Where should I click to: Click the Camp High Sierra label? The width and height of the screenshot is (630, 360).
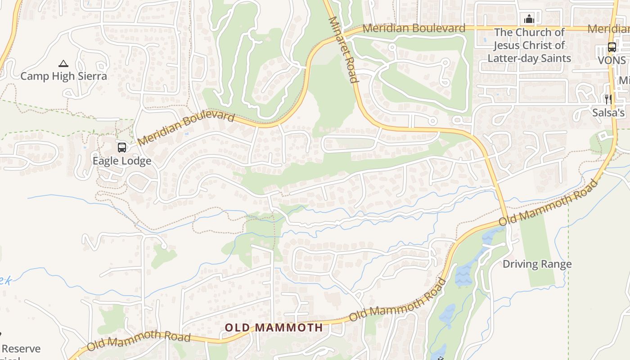63,76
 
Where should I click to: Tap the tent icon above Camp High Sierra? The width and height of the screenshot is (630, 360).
63,64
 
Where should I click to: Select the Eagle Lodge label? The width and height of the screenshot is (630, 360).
121,161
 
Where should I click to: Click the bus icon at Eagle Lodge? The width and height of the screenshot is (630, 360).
121,148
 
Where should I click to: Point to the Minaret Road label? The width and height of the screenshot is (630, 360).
343,49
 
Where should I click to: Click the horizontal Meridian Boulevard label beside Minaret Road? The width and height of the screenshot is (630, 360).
414,28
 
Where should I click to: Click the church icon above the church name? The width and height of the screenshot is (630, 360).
529,19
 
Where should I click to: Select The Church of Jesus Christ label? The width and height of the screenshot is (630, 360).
529,32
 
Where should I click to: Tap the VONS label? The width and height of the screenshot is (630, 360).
612,60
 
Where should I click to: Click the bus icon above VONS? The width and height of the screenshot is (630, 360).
612,47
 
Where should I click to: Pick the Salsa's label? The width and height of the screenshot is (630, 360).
608,112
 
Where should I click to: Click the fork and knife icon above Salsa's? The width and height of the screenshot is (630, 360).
608,99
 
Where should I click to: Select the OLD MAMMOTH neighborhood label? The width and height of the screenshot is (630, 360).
274,328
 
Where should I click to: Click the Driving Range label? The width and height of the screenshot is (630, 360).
537,264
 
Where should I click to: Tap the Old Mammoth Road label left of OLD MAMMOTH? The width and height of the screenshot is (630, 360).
138,341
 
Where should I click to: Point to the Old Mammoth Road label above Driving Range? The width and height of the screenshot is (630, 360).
549,203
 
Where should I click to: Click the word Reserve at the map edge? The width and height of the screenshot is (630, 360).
21,349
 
